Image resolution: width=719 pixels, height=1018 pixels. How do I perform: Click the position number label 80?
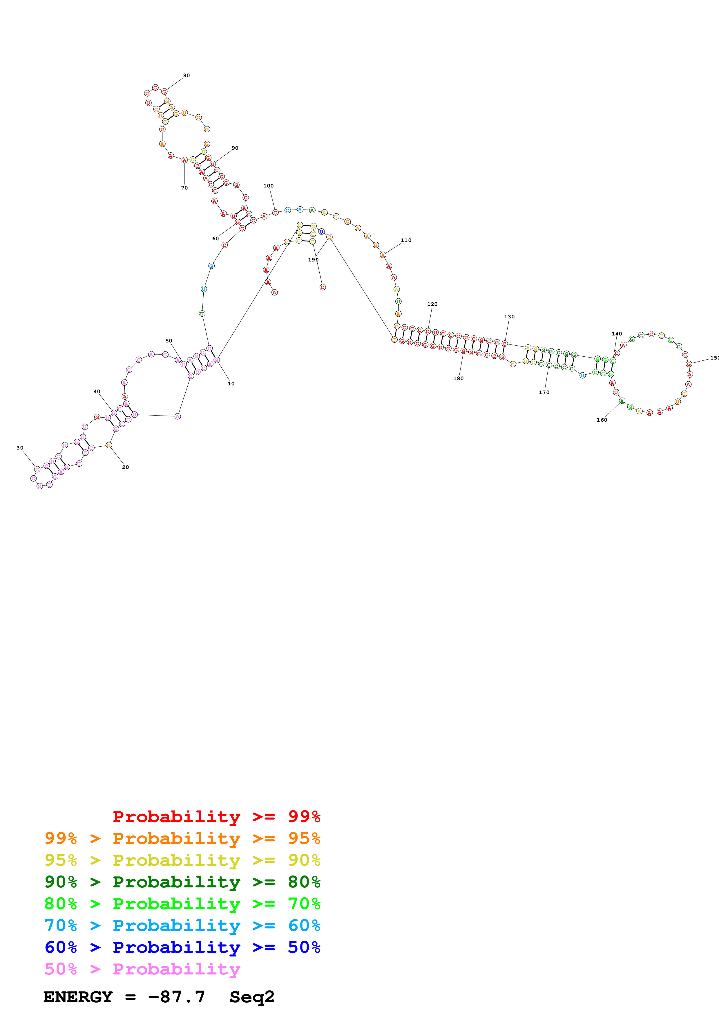point(186,75)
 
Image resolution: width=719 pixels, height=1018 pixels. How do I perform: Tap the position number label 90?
point(235,148)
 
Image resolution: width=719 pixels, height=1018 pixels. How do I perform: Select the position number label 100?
point(269,186)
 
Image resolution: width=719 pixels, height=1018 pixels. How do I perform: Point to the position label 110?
point(406,240)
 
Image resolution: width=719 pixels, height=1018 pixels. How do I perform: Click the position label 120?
point(432,304)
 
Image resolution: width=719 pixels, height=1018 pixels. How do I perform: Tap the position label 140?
point(617,334)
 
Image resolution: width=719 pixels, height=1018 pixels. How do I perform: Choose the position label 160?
point(602,420)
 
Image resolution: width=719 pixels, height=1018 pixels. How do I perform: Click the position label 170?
point(544,392)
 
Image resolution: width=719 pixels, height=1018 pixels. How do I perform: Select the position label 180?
point(458,378)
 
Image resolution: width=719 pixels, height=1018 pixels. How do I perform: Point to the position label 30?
point(20,448)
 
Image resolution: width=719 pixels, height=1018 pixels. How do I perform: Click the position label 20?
point(125,467)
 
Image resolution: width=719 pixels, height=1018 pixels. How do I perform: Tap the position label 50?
point(169,341)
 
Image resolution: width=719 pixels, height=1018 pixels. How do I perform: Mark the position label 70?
point(184,187)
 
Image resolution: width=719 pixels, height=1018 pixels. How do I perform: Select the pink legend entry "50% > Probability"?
point(142,968)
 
